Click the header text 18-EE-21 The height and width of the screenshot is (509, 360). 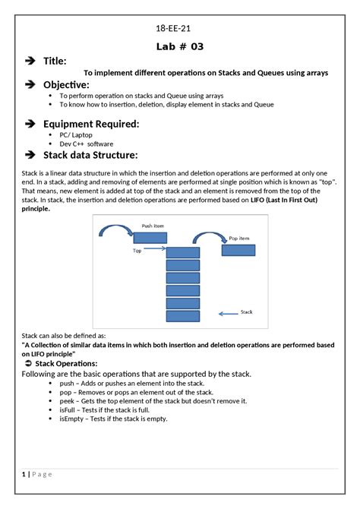(x=179, y=29)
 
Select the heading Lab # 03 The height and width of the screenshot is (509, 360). (x=180, y=46)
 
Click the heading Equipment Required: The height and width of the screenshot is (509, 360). (x=91, y=123)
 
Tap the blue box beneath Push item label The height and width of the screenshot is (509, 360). (x=150, y=238)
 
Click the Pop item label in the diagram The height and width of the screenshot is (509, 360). (x=239, y=238)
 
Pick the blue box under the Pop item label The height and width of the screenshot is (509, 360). (x=238, y=250)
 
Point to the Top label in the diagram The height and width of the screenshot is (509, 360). (x=137, y=250)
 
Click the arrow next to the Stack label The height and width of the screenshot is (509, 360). (x=228, y=312)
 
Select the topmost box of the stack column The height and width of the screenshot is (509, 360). (x=182, y=253)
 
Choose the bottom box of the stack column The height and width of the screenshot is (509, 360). (x=182, y=316)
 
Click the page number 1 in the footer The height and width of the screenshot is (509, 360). (x=24, y=474)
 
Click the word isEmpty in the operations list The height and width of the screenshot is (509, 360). (x=73, y=419)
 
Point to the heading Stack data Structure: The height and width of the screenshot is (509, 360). (x=90, y=155)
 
